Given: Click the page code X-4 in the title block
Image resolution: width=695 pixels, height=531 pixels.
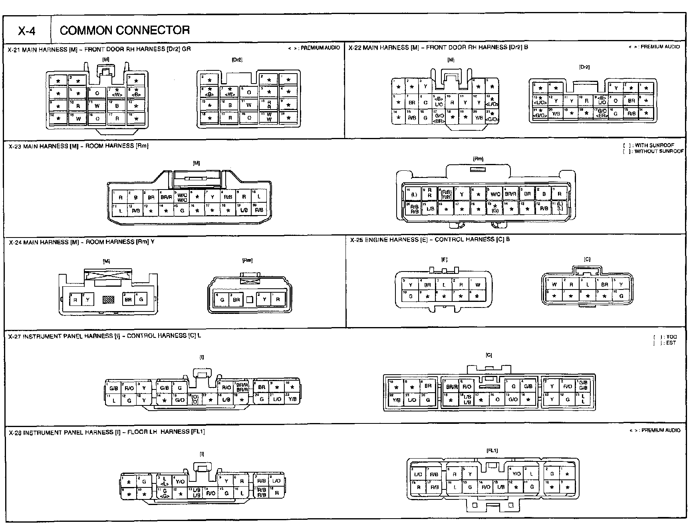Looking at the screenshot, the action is point(27,31).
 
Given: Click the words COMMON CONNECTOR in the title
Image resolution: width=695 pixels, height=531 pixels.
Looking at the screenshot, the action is point(124,30).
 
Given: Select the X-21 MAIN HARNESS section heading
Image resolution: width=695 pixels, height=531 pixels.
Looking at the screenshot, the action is point(99,49).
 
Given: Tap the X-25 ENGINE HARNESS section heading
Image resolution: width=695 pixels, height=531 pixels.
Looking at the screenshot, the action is point(429,240).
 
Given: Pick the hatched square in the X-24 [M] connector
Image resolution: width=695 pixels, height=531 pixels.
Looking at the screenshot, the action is point(109,299).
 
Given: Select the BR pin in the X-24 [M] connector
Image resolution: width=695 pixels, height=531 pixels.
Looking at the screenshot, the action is point(128,299).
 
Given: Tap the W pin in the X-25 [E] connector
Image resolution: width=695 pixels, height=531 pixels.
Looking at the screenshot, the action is point(478,285).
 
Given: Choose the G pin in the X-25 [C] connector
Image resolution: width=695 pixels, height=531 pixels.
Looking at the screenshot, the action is point(621,296).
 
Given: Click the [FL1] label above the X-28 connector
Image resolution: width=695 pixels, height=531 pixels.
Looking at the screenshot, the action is point(492,451).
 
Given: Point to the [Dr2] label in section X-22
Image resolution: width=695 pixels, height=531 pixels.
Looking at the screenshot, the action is point(584,67).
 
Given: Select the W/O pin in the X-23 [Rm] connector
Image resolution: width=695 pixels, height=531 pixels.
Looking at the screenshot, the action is point(495,194).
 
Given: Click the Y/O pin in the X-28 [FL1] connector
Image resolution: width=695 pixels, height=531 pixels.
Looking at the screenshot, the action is point(516,473).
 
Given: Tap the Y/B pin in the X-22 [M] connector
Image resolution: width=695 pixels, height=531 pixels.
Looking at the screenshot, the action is point(479,118).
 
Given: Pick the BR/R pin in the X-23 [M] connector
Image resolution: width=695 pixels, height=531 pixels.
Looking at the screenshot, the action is point(166,197).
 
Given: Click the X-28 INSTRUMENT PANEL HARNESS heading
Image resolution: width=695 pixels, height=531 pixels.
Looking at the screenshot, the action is point(106,432).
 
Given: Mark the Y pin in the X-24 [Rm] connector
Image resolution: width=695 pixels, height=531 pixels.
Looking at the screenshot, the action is point(264,299).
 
